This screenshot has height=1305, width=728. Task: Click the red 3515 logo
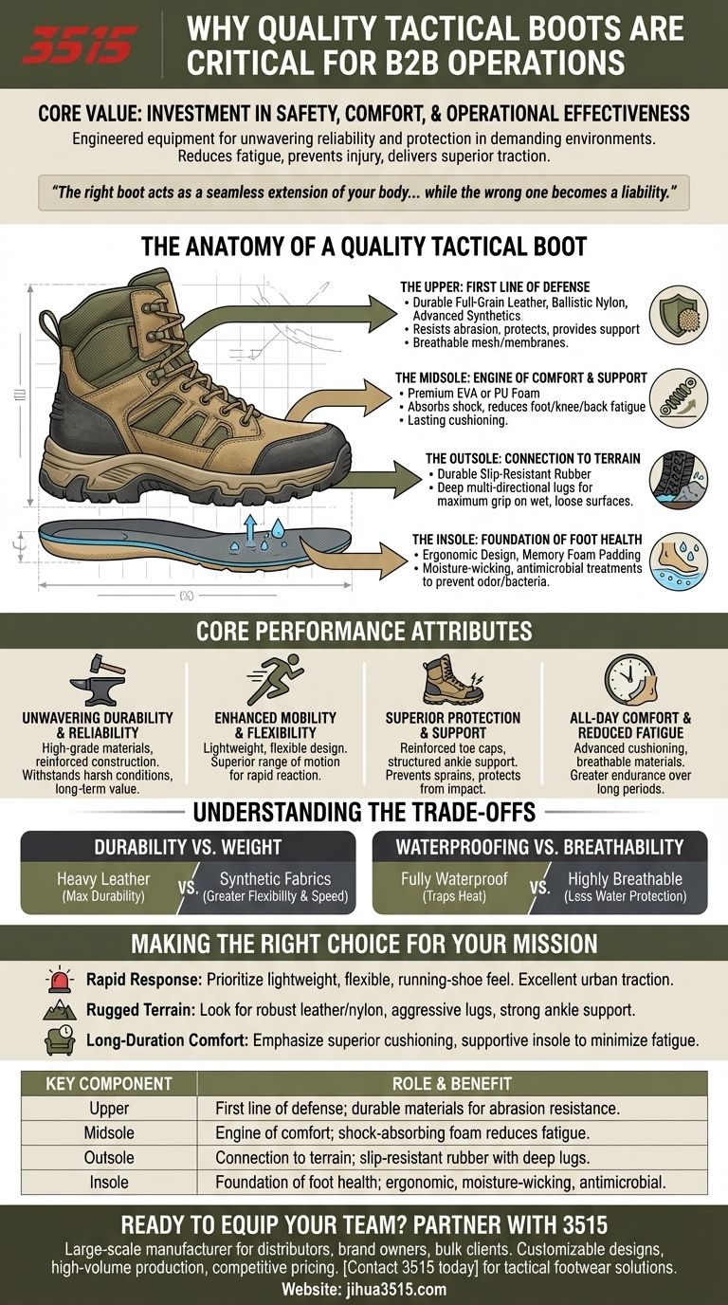(80, 45)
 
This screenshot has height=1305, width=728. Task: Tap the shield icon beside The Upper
(679, 315)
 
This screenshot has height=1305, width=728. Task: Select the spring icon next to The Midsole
(679, 398)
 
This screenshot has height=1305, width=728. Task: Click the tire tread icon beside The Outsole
(679, 480)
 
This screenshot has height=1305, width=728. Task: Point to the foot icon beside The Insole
(679, 561)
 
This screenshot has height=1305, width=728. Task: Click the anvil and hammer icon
(98, 679)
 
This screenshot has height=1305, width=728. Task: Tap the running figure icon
(276, 679)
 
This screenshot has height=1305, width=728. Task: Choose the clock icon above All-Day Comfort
(630, 679)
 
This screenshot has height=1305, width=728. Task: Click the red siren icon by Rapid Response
(60, 981)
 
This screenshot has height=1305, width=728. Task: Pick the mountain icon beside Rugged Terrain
(60, 1010)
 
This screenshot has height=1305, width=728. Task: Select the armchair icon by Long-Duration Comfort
(60, 1039)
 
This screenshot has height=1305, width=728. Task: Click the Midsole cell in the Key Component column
(109, 1132)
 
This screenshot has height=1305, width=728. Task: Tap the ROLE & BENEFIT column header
(452, 1084)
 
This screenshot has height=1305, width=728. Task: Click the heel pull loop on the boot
(50, 335)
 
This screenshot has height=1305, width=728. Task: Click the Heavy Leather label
(103, 879)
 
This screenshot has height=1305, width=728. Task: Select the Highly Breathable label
(625, 879)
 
